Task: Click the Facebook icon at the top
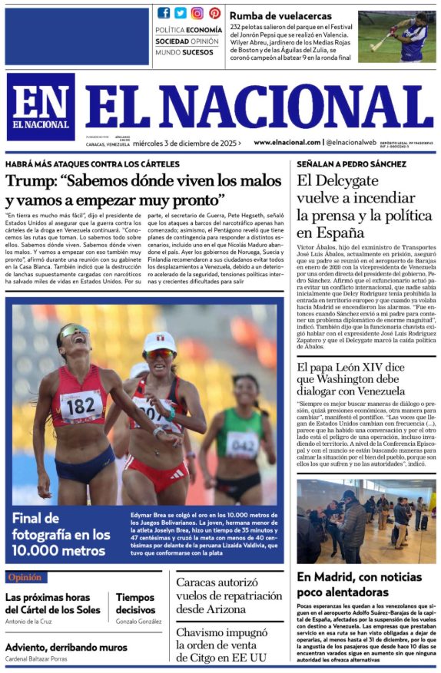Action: tap(164, 12)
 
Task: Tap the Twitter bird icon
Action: tap(181, 12)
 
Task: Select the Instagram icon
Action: tap(197, 12)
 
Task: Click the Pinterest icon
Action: tap(214, 12)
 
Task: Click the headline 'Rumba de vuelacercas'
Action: tap(280, 15)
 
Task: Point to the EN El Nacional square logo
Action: tap(41, 107)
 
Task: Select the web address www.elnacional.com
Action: tap(287, 143)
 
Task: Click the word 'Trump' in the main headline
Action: tap(30, 183)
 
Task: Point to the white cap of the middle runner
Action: tap(160, 340)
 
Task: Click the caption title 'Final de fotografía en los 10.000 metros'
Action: tap(61, 534)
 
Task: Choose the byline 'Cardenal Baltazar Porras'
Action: tap(36, 659)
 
